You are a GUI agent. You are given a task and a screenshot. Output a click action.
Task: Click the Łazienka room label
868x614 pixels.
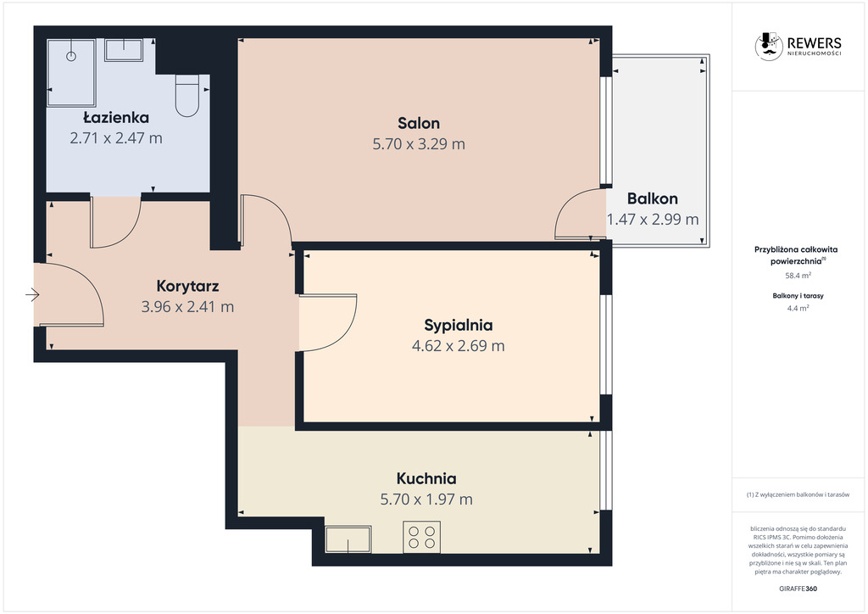(116, 117)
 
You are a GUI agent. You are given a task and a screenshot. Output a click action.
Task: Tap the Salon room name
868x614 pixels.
(419, 123)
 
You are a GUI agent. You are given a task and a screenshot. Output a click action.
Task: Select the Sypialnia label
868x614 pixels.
(459, 325)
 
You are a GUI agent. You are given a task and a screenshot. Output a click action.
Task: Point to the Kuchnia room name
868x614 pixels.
(426, 478)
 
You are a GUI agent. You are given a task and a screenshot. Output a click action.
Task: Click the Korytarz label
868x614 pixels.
(187, 287)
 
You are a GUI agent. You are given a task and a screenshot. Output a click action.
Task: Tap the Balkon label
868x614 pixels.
(653, 198)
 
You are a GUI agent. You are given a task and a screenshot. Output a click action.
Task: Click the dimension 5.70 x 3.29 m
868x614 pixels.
(419, 144)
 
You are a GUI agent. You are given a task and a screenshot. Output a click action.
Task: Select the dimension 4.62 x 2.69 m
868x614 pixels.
(459, 346)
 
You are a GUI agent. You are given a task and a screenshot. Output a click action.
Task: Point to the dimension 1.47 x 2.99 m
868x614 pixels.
(653, 220)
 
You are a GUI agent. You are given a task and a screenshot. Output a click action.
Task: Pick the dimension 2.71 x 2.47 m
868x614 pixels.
(116, 138)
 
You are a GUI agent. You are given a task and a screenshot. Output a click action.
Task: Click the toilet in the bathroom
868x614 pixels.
(187, 96)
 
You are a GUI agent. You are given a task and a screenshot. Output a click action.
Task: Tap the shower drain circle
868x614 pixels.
(71, 56)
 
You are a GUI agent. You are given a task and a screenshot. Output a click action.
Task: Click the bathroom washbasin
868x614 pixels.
(124, 50)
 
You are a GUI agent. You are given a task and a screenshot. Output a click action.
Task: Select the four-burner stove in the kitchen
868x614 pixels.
(422, 537)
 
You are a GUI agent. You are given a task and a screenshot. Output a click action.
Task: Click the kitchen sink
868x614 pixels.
(348, 539)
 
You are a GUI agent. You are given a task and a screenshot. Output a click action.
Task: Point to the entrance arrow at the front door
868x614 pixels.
(33, 294)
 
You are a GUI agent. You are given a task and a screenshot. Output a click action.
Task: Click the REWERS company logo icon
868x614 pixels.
(769, 46)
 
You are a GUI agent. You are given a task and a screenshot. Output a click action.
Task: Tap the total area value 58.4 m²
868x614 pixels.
(798, 275)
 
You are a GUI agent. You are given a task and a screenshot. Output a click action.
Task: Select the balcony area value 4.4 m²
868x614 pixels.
(798, 309)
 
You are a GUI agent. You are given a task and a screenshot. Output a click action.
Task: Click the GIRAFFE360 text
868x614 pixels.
(798, 589)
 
